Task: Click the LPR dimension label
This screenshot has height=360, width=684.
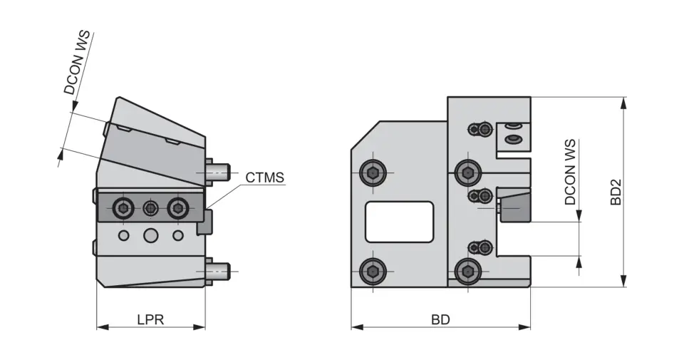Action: (150, 319)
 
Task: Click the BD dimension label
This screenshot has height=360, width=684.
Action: (440, 319)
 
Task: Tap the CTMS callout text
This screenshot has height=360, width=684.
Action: (264, 177)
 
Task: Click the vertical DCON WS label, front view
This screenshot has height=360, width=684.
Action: (570, 173)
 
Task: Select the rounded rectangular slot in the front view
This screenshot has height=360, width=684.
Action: (399, 221)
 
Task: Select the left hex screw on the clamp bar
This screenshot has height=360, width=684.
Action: (124, 208)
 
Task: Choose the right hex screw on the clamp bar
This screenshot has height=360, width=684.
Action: (177, 208)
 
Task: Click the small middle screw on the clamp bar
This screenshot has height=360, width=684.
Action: (150, 208)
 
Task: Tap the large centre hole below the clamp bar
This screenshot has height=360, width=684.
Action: (150, 235)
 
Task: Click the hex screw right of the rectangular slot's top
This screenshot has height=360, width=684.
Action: (467, 172)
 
